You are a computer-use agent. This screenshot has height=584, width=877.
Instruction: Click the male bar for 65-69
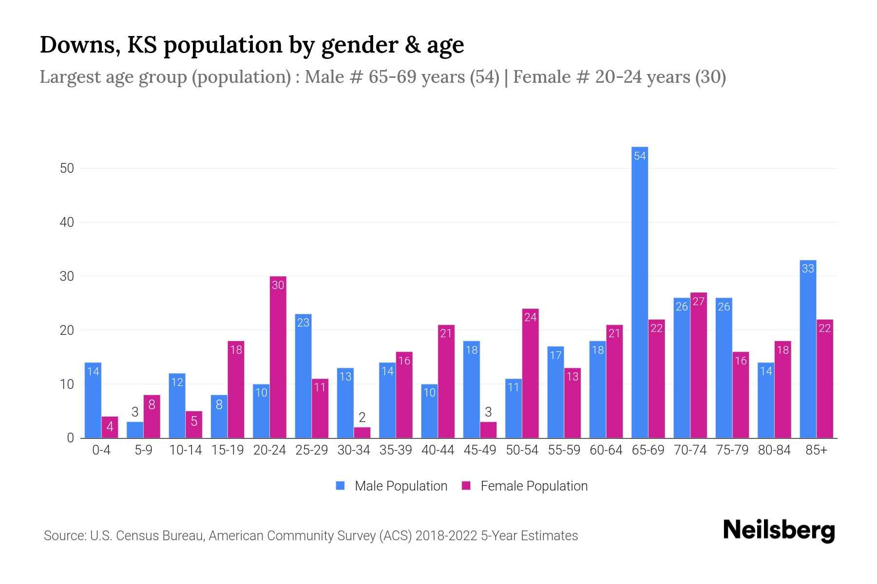640,292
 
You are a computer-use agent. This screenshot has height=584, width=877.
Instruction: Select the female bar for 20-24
278,358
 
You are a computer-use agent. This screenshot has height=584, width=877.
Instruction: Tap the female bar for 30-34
362,433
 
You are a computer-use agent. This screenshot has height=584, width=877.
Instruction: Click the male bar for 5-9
135,430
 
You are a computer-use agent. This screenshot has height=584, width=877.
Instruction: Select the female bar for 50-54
530,373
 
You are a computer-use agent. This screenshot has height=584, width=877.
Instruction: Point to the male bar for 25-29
303,376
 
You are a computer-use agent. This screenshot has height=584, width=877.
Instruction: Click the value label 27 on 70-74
698,302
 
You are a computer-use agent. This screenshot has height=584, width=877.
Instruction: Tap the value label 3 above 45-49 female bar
488,412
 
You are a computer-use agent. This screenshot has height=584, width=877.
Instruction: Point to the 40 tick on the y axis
67,222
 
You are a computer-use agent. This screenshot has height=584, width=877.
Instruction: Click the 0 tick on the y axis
70,438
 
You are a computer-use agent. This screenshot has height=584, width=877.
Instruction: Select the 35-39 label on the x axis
396,450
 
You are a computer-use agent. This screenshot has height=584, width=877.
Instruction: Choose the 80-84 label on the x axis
774,450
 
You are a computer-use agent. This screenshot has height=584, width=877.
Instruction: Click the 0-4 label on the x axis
101,450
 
